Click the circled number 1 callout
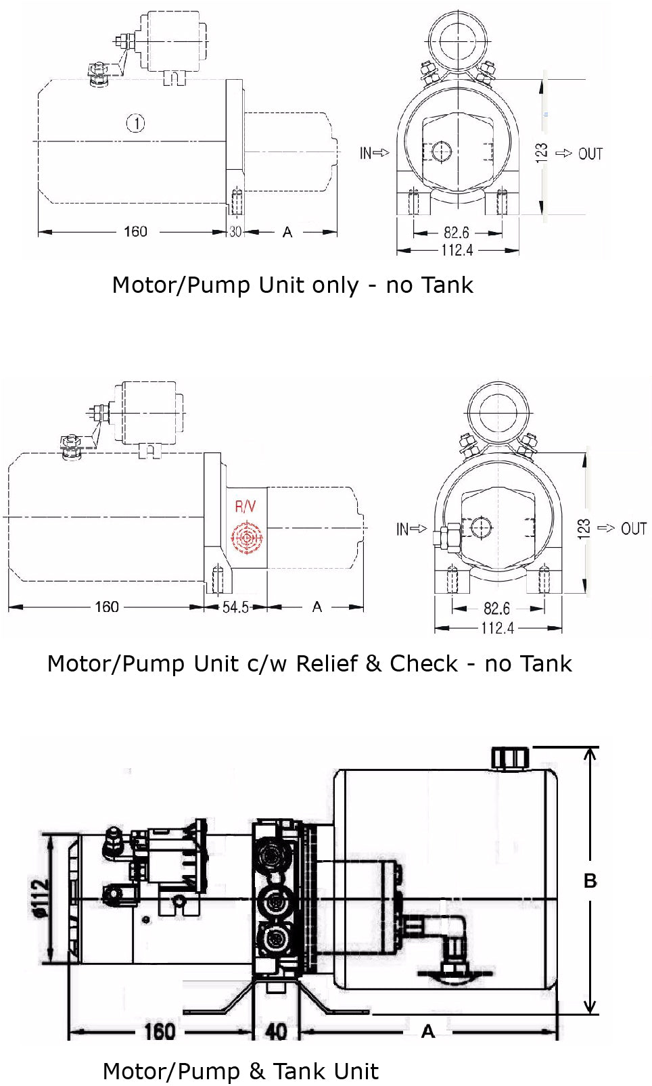[136, 123]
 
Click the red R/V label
[246, 506]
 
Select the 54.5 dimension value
[235, 607]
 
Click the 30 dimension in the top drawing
[235, 232]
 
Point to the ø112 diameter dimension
[41, 898]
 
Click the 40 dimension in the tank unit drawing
[276, 1031]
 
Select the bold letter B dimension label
[590, 881]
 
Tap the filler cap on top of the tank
[509, 757]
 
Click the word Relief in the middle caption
[327, 664]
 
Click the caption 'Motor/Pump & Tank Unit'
[240, 1071]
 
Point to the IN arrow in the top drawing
[374, 154]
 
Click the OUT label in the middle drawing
[633, 529]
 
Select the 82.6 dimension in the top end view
[457, 233]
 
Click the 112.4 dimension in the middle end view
[497, 628]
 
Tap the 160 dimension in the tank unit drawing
[159, 1031]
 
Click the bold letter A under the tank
[427, 1031]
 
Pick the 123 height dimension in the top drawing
[542, 151]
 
